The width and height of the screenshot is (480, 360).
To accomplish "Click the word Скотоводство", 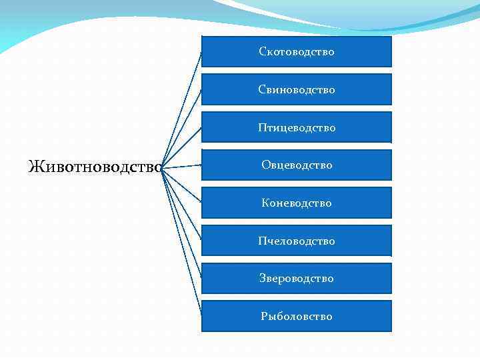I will point(297,51).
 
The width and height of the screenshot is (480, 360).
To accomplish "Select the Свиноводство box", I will point(297,89).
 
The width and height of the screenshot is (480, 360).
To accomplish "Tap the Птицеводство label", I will point(297,127).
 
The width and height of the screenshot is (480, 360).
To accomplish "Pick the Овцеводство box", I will point(297,165).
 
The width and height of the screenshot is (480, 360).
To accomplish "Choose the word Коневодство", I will point(297,203).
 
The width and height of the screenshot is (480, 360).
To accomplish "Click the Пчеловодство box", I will point(297,241).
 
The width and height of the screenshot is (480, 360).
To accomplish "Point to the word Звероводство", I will point(297,278).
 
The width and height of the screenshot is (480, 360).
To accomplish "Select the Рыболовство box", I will point(297,316).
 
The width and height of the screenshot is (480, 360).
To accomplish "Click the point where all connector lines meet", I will point(162,167).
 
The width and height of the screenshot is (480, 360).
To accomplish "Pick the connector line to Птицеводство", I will point(182,147).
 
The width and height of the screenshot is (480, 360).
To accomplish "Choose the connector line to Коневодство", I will point(182,185).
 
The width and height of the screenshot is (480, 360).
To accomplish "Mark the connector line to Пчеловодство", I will point(182,204).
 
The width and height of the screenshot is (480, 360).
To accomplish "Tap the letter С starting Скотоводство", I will point(263,52).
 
